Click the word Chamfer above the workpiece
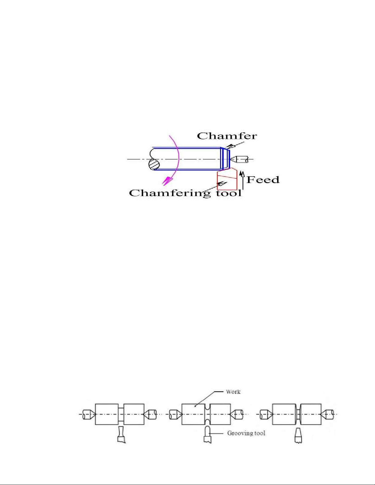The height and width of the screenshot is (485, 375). pyautogui.click(x=227, y=136)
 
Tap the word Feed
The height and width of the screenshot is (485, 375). pyautogui.click(x=263, y=180)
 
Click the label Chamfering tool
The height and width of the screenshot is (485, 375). pyautogui.click(x=185, y=193)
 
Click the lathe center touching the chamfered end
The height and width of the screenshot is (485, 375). pyautogui.click(x=238, y=159)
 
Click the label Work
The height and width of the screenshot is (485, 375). pyautogui.click(x=233, y=392)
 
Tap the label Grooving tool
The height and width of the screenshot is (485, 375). pyautogui.click(x=246, y=433)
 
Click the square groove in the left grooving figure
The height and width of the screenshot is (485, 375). pyautogui.click(x=121, y=414)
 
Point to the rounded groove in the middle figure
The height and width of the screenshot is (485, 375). pyautogui.click(x=208, y=414)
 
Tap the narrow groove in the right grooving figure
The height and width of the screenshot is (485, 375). pyautogui.click(x=298, y=414)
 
